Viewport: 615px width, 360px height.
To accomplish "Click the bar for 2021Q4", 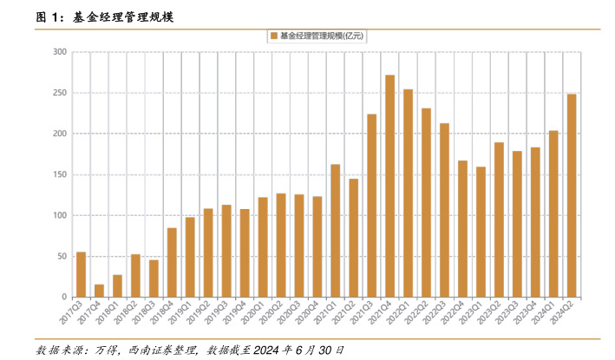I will (x=389, y=187).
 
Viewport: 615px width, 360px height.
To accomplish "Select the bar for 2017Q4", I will (x=99, y=291).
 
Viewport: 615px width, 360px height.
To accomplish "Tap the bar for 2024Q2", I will (x=572, y=196).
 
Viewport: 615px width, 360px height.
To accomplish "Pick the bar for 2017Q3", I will (x=81, y=274).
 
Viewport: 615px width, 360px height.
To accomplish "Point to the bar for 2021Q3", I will (x=371, y=206).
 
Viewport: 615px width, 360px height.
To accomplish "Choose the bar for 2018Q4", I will (x=172, y=262).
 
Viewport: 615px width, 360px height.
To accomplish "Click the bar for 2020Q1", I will (x=263, y=247).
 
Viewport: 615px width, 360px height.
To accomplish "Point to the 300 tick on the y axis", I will (x=60, y=52).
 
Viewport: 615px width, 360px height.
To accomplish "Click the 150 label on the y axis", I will (x=60, y=174).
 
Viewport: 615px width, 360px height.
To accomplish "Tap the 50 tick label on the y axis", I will (x=62, y=257).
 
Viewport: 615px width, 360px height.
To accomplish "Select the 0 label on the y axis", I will (x=64, y=298).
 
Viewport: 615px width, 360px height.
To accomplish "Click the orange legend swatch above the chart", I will (x=272, y=35).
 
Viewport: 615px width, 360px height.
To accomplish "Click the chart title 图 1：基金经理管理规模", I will (x=106, y=16).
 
